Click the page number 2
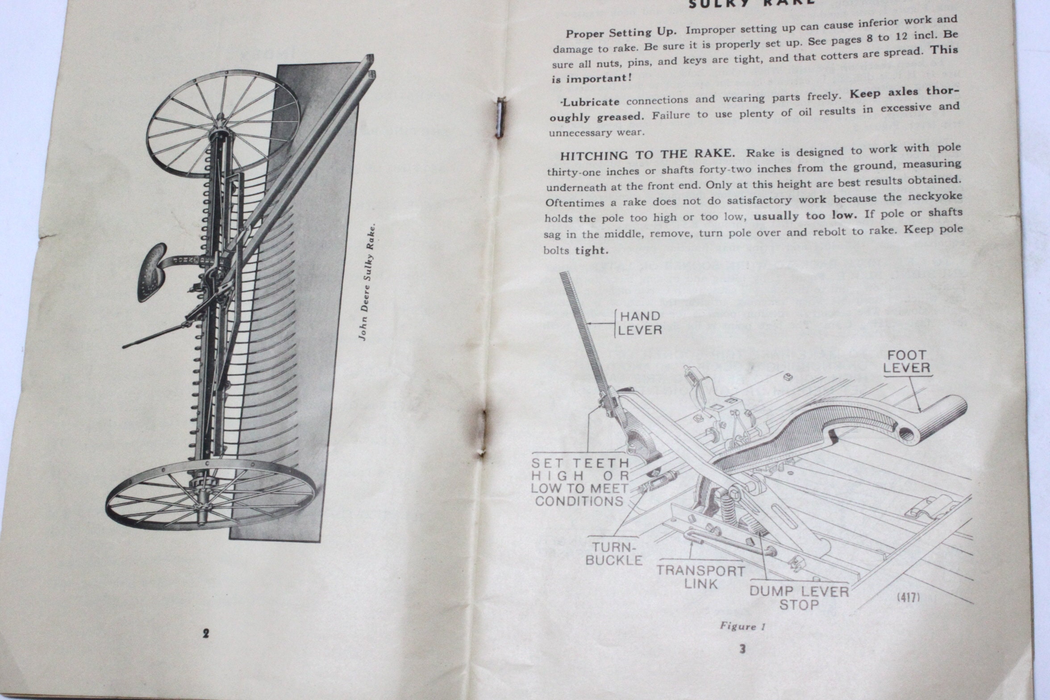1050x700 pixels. pyautogui.click(x=205, y=633)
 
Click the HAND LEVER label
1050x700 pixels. pyautogui.click(x=640, y=323)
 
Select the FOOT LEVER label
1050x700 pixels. pyautogui.click(x=907, y=362)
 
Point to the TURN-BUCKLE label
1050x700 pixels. pyautogui.click(x=614, y=554)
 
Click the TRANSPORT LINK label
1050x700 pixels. pyautogui.click(x=700, y=577)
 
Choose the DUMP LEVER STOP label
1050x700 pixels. pyautogui.click(x=799, y=598)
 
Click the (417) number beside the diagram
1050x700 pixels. pyautogui.click(x=908, y=597)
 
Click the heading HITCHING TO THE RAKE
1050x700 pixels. pyautogui.click(x=647, y=155)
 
